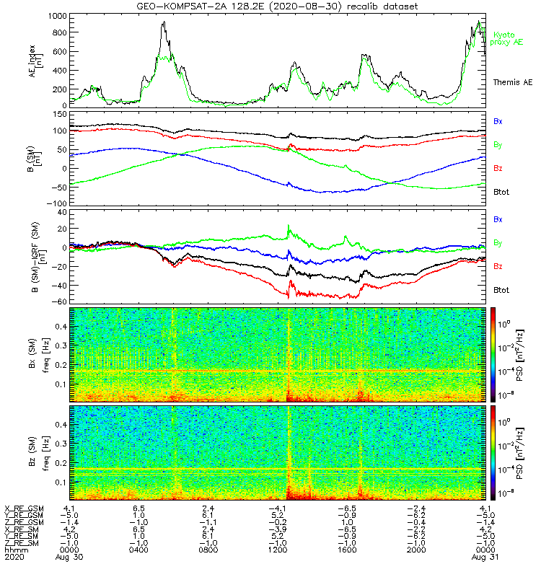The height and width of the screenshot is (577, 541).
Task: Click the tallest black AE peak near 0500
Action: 164,23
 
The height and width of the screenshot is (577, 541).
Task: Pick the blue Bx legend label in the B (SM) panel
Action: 497,121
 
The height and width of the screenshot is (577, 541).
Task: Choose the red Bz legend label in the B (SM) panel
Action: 497,168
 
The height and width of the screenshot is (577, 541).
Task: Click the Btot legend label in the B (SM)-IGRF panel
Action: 503,289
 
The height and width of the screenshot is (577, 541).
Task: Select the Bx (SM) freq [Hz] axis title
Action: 38,354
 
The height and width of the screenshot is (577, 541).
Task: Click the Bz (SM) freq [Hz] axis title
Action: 38,452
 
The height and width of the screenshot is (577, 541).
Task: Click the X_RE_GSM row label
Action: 24,508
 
